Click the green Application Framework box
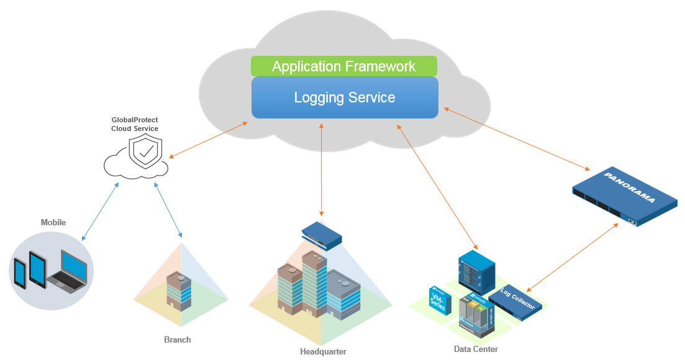click(x=343, y=66)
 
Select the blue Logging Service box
click(x=345, y=97)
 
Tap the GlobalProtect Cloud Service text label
click(x=134, y=124)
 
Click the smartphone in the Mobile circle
click(x=20, y=274)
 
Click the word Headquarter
click(x=323, y=352)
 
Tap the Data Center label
click(x=476, y=349)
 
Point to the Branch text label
click(x=178, y=340)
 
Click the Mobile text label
click(x=53, y=222)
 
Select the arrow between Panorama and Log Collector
click(x=573, y=256)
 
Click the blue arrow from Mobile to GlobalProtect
click(x=100, y=211)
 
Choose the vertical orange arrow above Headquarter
click(x=321, y=169)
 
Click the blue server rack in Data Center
click(x=476, y=271)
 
